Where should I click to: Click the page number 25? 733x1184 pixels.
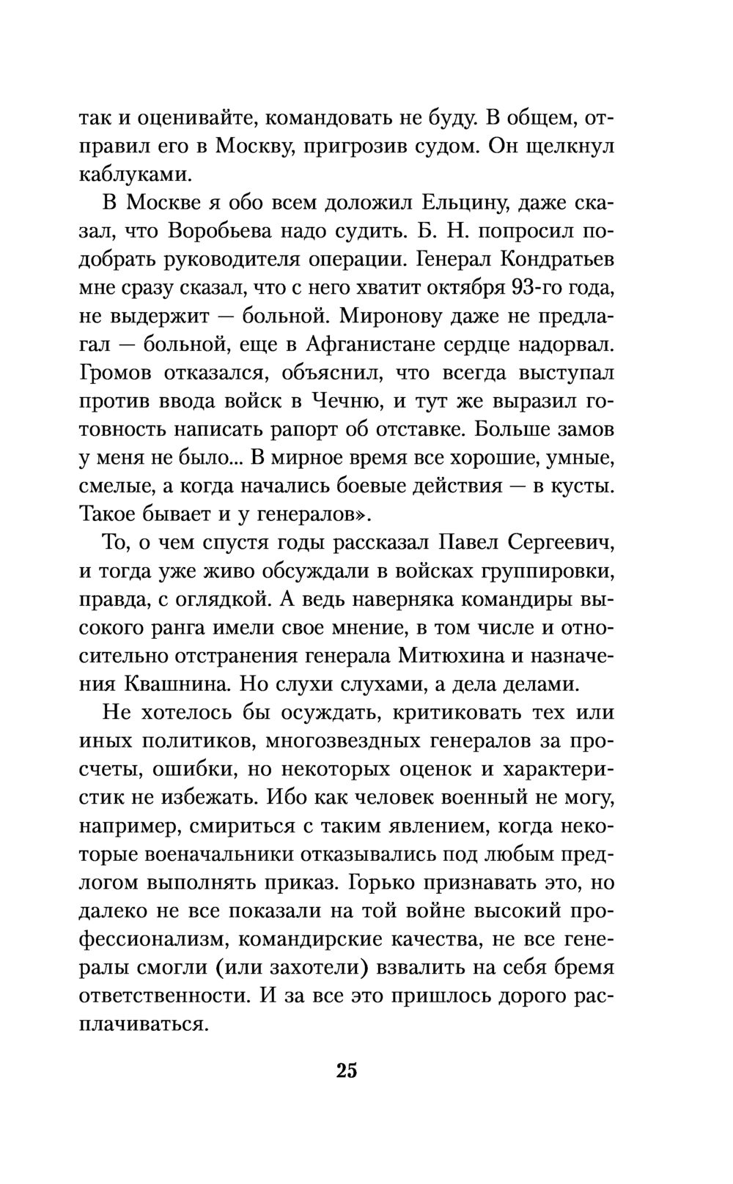347,1070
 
